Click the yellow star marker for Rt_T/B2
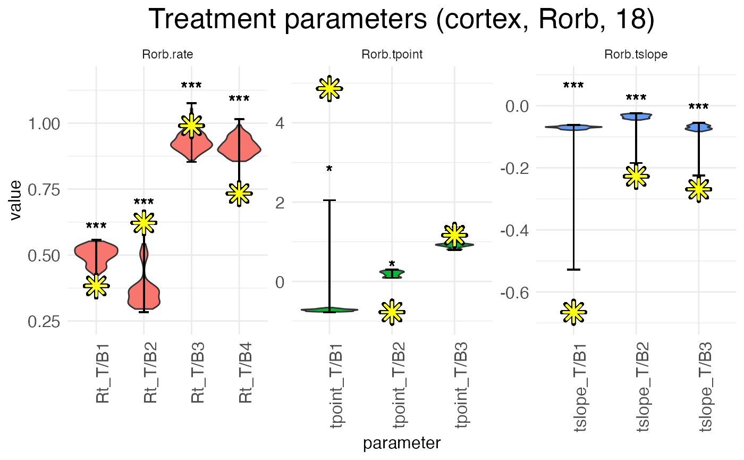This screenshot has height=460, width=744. pyautogui.click(x=144, y=223)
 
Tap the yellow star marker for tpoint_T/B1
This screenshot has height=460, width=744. pyautogui.click(x=329, y=88)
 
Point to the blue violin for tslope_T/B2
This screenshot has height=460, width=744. pyautogui.click(x=636, y=116)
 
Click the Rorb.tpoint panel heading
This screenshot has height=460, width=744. pyautogui.click(x=392, y=55)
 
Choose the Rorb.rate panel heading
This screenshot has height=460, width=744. pyautogui.click(x=167, y=55)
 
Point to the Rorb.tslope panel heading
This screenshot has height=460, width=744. pyautogui.click(x=636, y=55)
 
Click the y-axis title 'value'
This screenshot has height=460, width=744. pyautogui.click(x=16, y=201)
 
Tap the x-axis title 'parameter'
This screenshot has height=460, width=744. pyautogui.click(x=402, y=443)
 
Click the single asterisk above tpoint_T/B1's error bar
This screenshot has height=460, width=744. pyautogui.click(x=329, y=170)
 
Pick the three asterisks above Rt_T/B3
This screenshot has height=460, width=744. pyautogui.click(x=191, y=86)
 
